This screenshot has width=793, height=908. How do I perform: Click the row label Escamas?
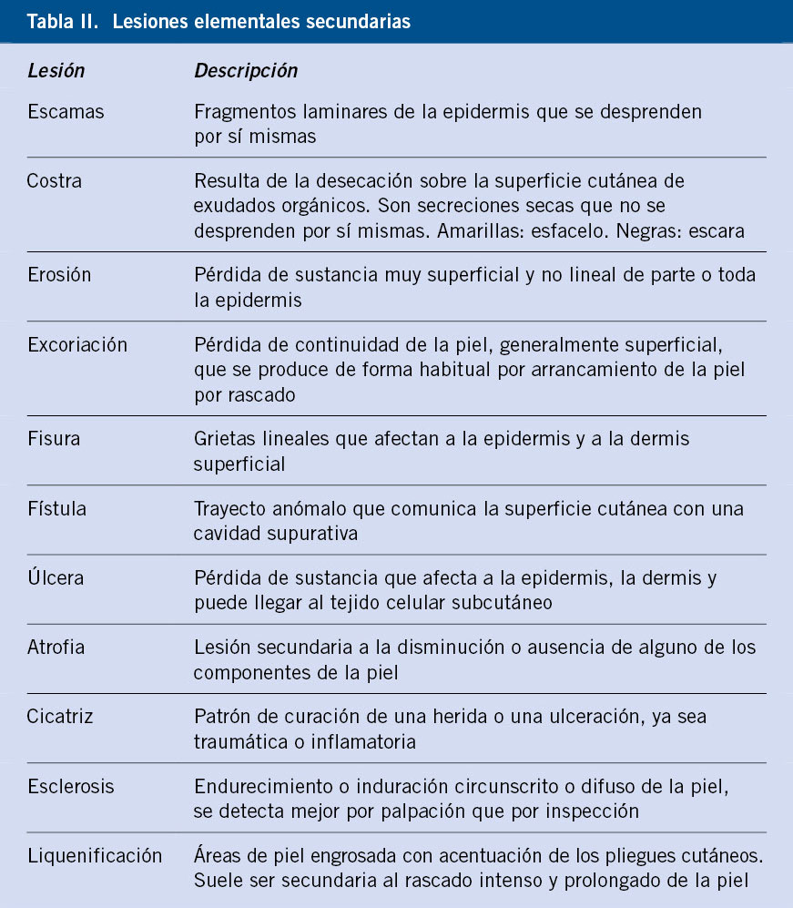[66, 112]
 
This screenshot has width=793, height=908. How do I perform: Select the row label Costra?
[55, 180]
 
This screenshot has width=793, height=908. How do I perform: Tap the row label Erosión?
[60, 275]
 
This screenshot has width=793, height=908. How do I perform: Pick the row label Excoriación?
[77, 345]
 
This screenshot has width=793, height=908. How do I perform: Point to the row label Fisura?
[54, 439]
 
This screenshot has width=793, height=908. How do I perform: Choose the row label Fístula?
[57, 509]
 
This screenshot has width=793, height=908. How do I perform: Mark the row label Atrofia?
[57, 648]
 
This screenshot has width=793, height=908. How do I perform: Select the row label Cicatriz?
[60, 717]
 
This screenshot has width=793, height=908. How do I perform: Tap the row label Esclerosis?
[71, 786]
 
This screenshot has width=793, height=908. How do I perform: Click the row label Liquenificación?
[95, 856]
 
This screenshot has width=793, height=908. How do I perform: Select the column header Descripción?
[246, 70]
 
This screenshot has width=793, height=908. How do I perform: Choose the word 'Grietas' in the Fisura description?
[222, 439]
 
